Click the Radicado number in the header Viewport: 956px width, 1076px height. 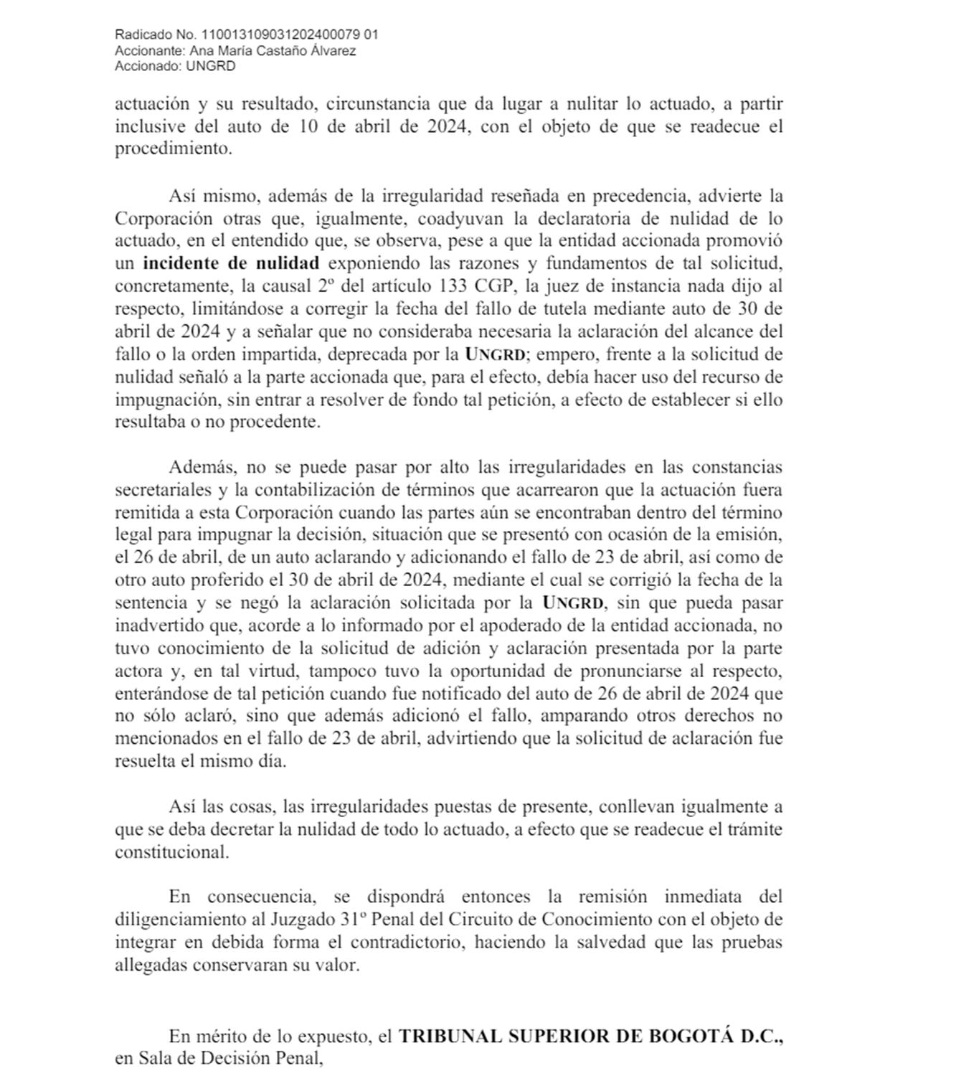[290, 34]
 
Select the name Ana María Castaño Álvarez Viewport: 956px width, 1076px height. [273, 51]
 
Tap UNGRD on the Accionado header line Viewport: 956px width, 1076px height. [211, 67]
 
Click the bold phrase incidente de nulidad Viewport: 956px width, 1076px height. [230, 263]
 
